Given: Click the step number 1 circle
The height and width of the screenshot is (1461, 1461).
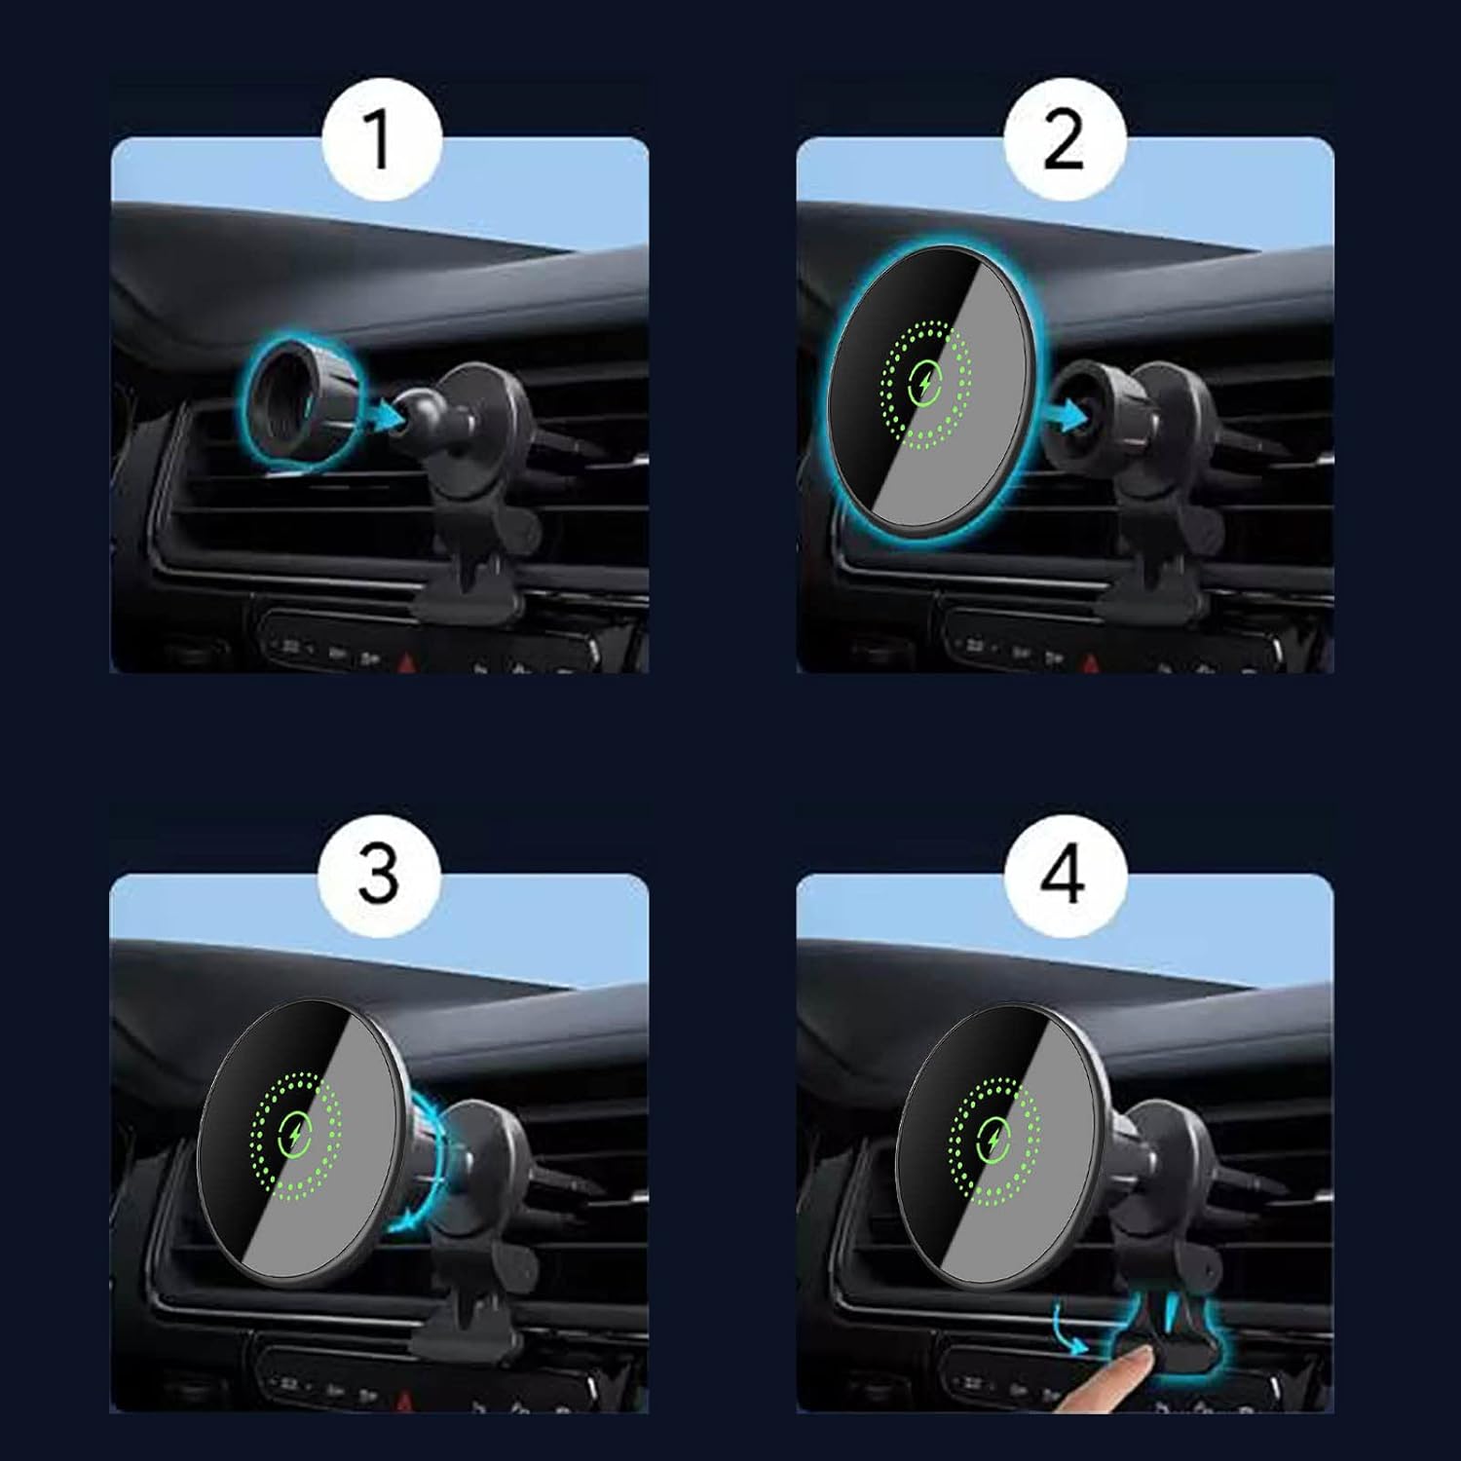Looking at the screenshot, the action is click(381, 139).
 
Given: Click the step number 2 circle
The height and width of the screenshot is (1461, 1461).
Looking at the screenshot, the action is click(1065, 139).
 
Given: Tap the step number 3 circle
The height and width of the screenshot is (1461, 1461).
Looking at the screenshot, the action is click(381, 874).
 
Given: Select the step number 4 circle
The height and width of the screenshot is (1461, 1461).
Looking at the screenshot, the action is click(1065, 874).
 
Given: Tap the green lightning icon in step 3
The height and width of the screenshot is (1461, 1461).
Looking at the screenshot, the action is click(296, 1132).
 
